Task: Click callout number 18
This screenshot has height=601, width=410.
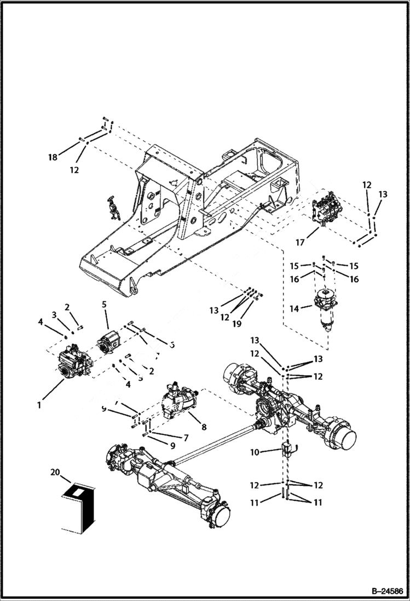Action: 53,157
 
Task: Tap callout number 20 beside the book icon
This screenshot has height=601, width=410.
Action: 54,472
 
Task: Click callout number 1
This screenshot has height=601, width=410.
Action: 39,406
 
